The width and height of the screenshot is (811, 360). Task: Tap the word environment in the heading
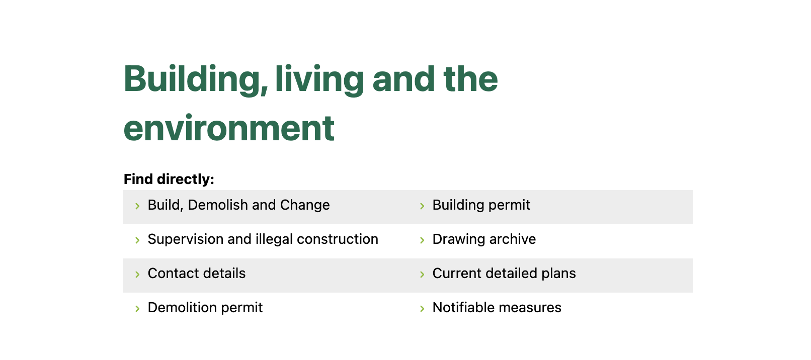[x=229, y=128]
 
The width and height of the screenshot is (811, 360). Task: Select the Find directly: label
[x=169, y=179]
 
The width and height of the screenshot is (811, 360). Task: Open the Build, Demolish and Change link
[x=238, y=205]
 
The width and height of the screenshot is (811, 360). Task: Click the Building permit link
[x=481, y=205]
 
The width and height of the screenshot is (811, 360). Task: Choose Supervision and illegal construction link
[x=263, y=239]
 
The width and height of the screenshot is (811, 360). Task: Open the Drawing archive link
[x=484, y=239]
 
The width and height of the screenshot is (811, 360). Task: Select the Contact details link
[x=197, y=273]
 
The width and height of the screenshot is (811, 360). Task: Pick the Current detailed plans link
[x=504, y=274]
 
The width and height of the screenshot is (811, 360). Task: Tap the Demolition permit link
[x=205, y=308]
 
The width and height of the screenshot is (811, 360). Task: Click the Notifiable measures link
[x=497, y=308]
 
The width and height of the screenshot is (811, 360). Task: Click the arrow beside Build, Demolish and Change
[x=137, y=206]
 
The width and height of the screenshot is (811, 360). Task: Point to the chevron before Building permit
[x=422, y=206]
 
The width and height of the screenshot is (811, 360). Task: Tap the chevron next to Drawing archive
[x=422, y=240]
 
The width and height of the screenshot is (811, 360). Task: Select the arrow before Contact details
[x=137, y=275]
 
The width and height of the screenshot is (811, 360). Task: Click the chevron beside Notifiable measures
[x=422, y=309]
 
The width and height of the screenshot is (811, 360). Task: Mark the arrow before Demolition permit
[x=137, y=309]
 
